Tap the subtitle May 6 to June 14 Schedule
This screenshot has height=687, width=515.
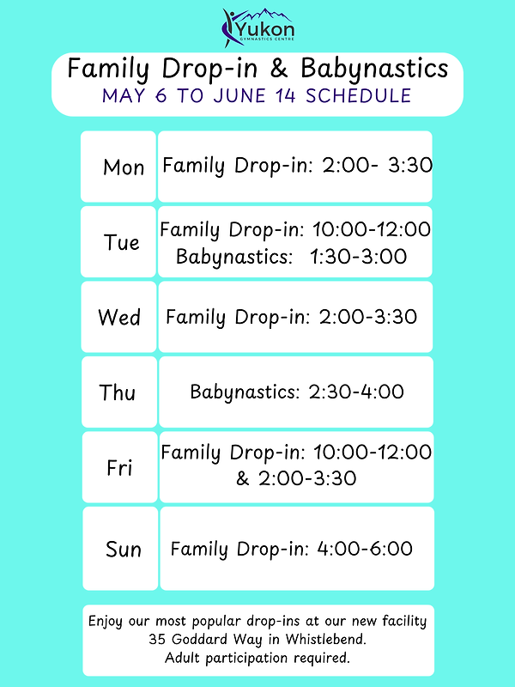click(x=257, y=94)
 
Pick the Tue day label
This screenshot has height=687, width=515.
click(x=122, y=242)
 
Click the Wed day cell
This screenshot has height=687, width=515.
click(x=119, y=318)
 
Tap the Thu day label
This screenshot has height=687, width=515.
click(x=118, y=392)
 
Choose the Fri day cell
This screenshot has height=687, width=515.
click(x=120, y=468)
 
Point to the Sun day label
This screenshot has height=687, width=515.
click(x=124, y=549)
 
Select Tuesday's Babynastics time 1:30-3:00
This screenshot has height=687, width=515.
click(x=360, y=257)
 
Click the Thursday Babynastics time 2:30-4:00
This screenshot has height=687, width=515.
click(x=356, y=392)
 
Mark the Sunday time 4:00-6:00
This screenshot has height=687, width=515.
click(x=364, y=548)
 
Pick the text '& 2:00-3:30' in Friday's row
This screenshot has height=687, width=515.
click(x=295, y=478)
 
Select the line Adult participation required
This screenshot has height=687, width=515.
click(x=257, y=658)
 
